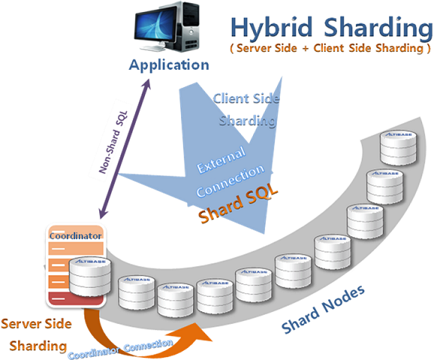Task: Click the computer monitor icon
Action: [156, 25]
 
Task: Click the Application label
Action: [168, 64]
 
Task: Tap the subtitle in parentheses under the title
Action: [330, 49]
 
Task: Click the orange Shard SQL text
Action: [238, 203]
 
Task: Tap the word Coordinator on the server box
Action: [75, 236]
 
